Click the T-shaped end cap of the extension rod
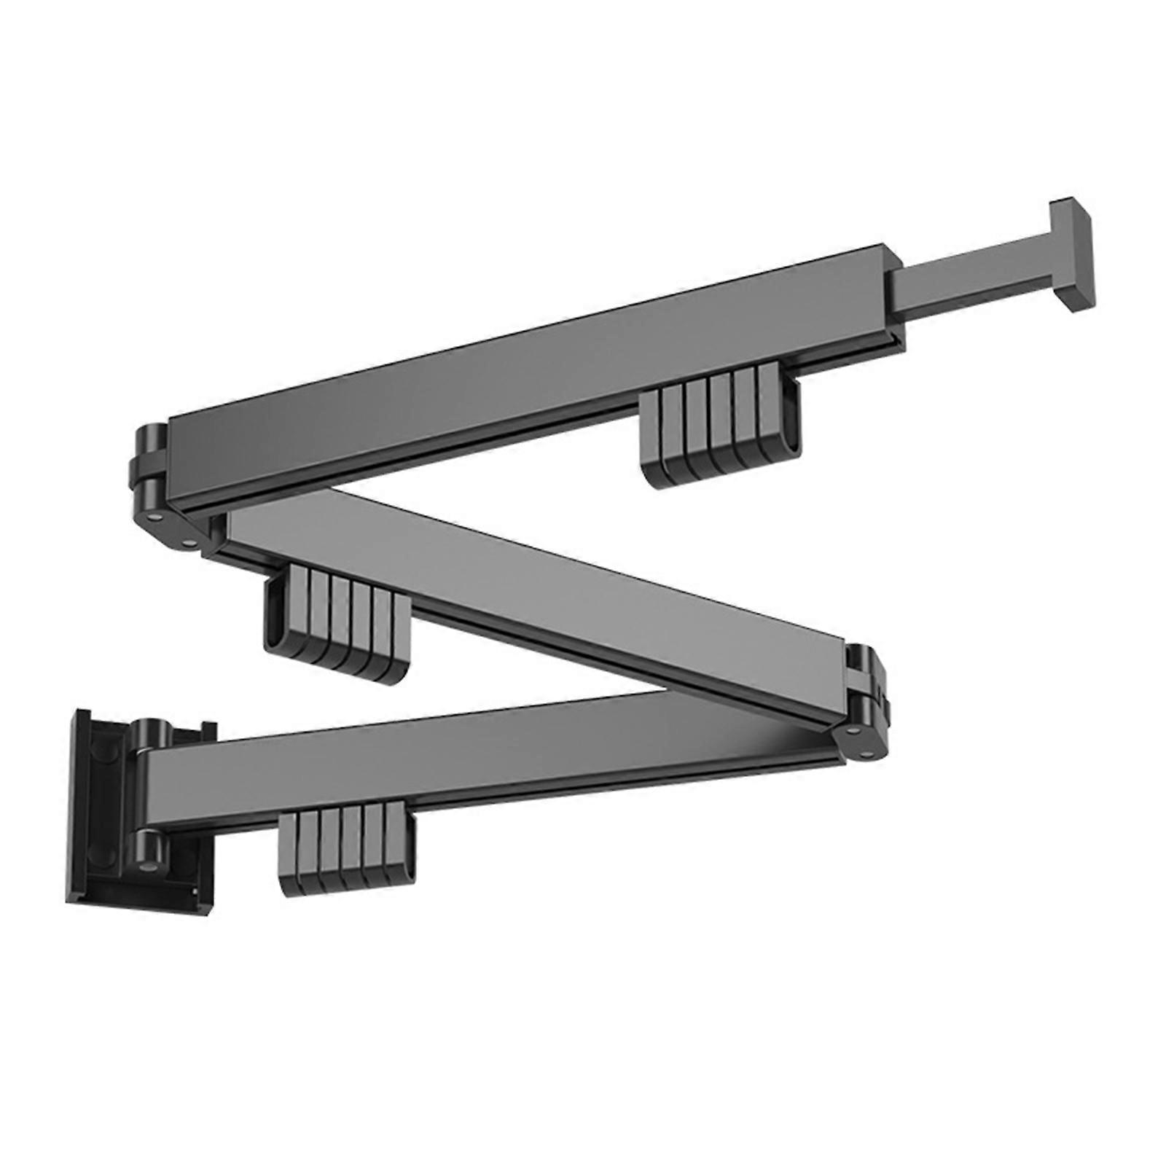1072,255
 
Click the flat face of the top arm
525,386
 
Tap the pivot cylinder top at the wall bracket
149,736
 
